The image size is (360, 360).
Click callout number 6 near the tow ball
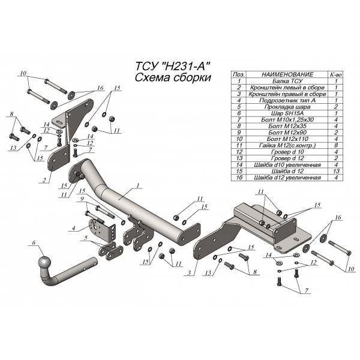(x=34, y=243)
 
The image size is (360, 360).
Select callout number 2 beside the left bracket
(x=44, y=179)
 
